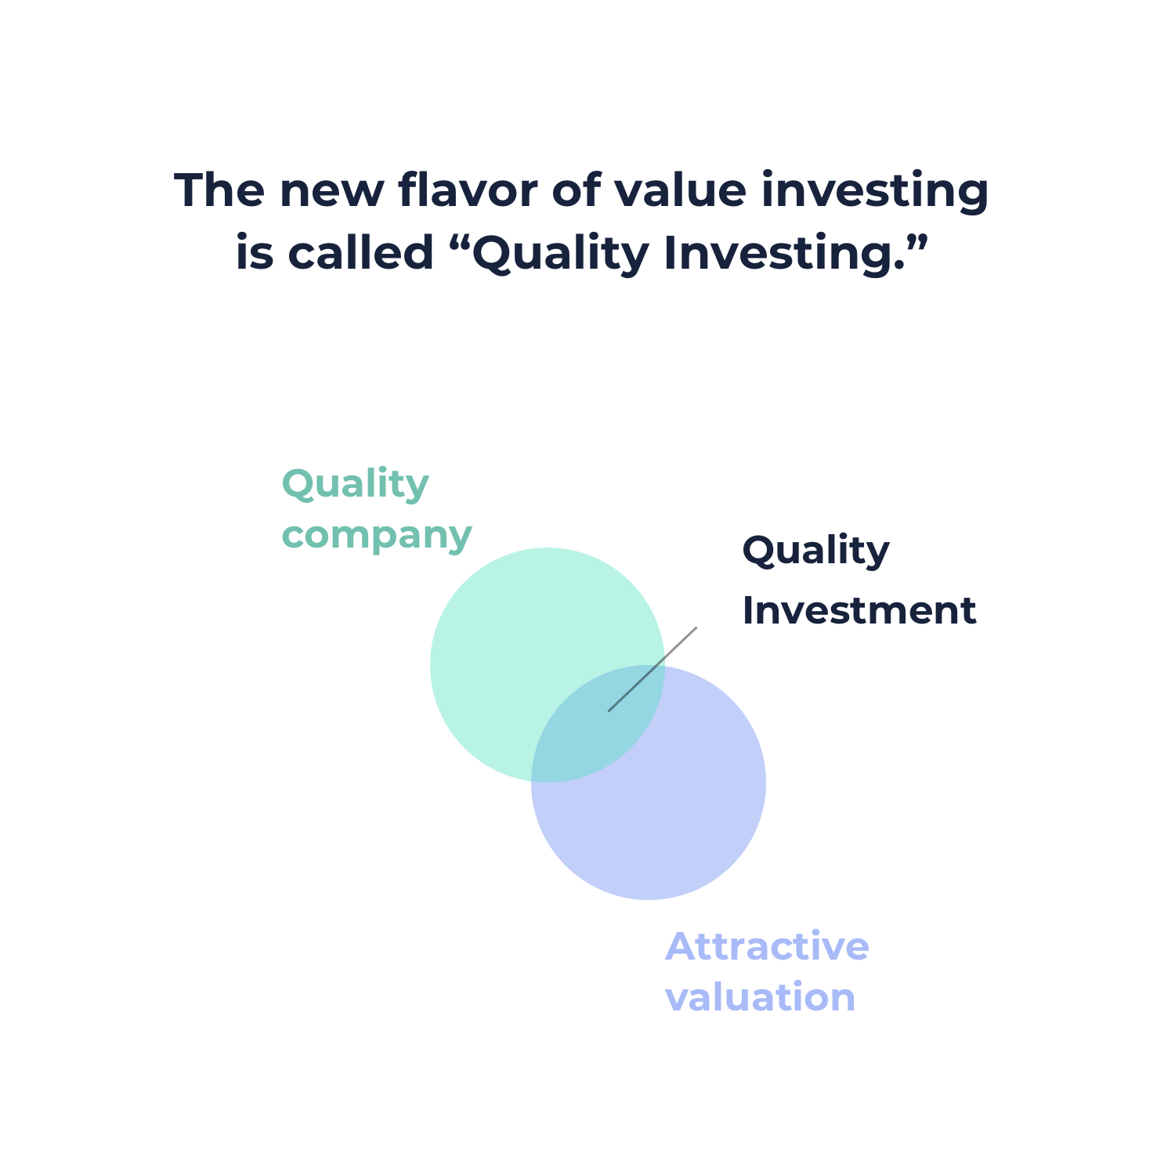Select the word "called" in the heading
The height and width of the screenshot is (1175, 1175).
pyautogui.click(x=361, y=253)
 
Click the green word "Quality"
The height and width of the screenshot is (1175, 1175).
pyautogui.click(x=356, y=485)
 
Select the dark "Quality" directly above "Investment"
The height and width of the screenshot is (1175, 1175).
pyautogui.click(x=815, y=551)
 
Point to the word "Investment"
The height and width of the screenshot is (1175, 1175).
pyautogui.click(x=859, y=610)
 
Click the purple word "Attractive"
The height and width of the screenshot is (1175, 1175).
pyautogui.click(x=767, y=946)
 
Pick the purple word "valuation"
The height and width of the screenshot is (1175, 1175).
pyautogui.click(x=760, y=997)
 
